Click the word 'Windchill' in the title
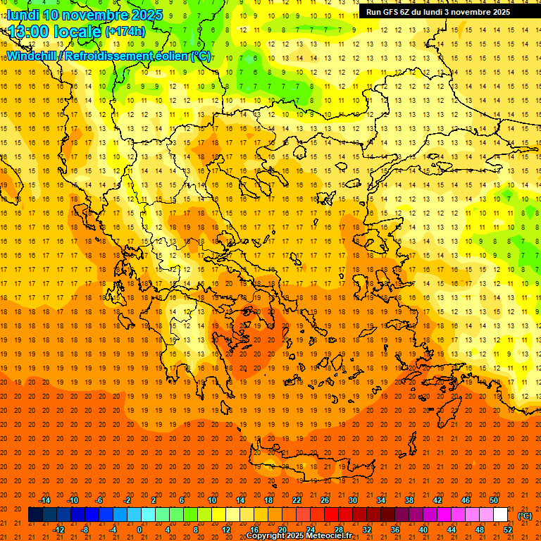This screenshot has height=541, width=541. [x=32, y=56]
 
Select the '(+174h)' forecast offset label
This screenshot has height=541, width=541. [x=125, y=31]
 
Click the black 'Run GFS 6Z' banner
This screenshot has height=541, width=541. [x=438, y=11]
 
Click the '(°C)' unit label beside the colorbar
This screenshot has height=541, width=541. [x=525, y=516]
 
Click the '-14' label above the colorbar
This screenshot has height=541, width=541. [x=44, y=500]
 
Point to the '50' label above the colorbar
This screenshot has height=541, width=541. [x=494, y=500]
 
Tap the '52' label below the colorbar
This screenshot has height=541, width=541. [x=508, y=530]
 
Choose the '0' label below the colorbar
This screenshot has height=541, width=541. [x=140, y=530]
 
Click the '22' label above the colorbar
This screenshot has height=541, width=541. [x=297, y=500]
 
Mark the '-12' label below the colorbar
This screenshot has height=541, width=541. [x=58, y=530]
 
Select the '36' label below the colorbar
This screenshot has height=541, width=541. [x=395, y=530]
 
